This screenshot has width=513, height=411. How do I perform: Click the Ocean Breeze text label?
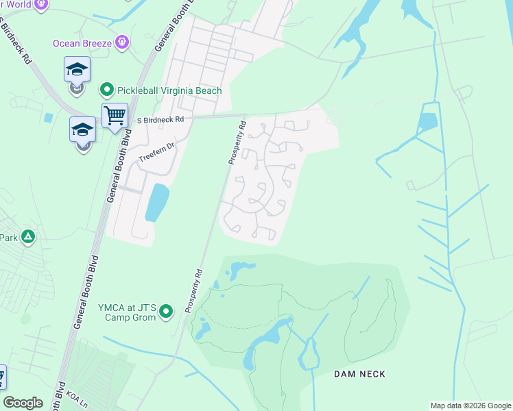83,43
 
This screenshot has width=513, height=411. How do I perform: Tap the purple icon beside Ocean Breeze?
123,43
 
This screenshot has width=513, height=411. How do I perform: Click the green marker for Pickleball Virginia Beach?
106,90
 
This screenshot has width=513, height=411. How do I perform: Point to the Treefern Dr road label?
158,151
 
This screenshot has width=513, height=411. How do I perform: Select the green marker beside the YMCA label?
166,313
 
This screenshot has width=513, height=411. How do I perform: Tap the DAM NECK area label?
359,374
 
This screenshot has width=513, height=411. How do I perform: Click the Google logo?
23,403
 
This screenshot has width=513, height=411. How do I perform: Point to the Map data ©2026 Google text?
470,406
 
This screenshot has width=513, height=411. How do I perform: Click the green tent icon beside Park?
28,238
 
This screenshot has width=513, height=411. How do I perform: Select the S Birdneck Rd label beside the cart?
161,119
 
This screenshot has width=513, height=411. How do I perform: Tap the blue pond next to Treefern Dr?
157,202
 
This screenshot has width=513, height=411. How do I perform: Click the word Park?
8,238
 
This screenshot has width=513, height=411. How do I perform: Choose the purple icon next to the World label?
40,4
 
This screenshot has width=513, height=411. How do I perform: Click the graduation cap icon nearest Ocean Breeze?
77,69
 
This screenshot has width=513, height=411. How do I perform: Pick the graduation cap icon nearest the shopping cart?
83,129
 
